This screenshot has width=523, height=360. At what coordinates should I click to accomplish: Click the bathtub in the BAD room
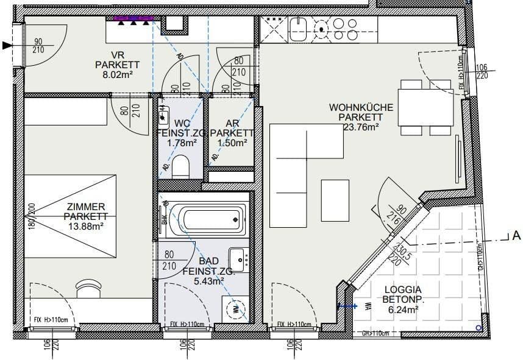[x=207, y=219]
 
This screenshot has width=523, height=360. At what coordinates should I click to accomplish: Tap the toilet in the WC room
[x=180, y=166]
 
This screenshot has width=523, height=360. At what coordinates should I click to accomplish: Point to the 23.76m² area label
[x=361, y=127]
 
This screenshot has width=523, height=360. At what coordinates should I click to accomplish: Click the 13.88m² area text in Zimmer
[x=87, y=226]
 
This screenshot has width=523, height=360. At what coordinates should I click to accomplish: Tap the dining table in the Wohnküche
[x=424, y=107]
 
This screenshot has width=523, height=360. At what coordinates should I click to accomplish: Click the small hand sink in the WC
[x=163, y=113]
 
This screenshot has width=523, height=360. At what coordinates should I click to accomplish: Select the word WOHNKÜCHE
[x=361, y=107]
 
